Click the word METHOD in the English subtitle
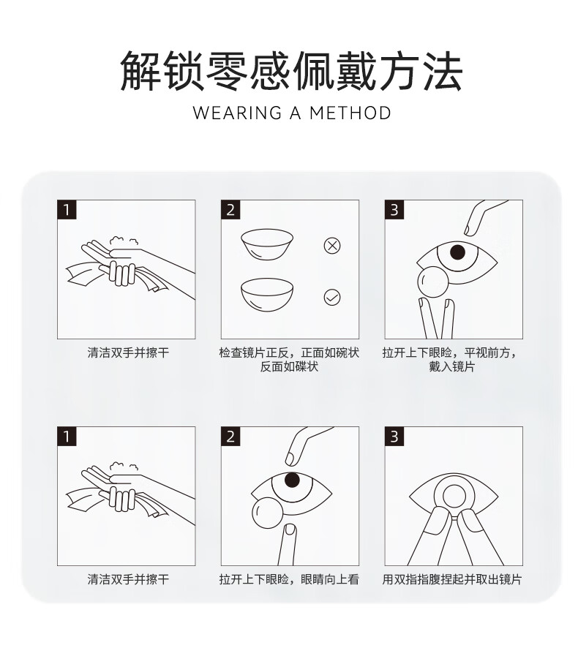coord(350,113)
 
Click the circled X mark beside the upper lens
coord(332,246)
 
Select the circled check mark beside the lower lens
coord(332,298)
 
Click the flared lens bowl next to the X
coord(266,245)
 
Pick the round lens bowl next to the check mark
coord(266,295)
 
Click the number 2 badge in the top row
coord(230,210)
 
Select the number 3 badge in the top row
coord(394,210)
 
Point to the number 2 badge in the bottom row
coord(230,437)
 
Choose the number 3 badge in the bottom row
coord(394,437)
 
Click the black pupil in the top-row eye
coord(457,252)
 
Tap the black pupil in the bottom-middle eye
coord(292,480)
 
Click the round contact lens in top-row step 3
coord(433,282)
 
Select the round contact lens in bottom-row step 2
coord(268,513)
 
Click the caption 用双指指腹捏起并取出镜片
coord(452,579)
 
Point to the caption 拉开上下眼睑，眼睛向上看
coord(289,579)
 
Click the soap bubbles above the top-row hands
coord(124,242)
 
